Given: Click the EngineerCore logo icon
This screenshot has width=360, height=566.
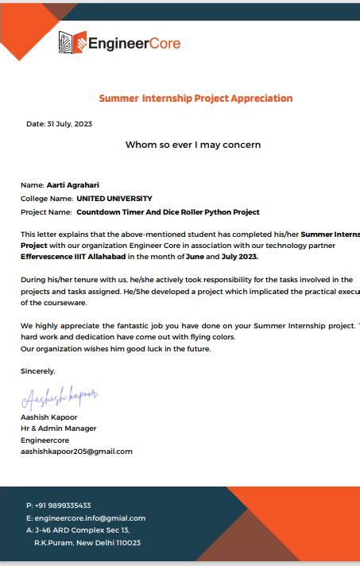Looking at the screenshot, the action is pos(72,42).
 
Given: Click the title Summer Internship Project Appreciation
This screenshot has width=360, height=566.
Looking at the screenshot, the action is pos(195,99).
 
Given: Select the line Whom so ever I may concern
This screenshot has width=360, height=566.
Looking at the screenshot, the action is pos(193,145).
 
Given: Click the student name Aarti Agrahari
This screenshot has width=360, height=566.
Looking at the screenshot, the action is pos(73,185).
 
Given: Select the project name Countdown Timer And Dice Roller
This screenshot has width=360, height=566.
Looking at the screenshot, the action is pos(168,212).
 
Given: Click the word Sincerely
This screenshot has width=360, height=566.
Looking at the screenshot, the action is pos(38,370).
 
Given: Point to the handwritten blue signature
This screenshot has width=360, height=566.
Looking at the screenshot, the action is pos(60,396).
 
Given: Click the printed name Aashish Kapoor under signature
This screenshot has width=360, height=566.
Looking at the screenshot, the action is pos(49,417).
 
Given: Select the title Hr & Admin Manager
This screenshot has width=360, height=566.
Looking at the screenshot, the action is pos(59,428).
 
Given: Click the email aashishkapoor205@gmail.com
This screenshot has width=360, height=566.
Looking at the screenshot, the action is pos(76,452).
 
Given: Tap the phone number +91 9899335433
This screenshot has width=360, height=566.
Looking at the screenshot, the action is pos(63,506).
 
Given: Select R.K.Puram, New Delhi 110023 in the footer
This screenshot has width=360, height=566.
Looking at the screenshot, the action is pos(87,543).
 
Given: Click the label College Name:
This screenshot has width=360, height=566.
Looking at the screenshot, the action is pos(46,199).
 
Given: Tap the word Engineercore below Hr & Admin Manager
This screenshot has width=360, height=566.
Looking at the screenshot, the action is pos(45,440).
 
